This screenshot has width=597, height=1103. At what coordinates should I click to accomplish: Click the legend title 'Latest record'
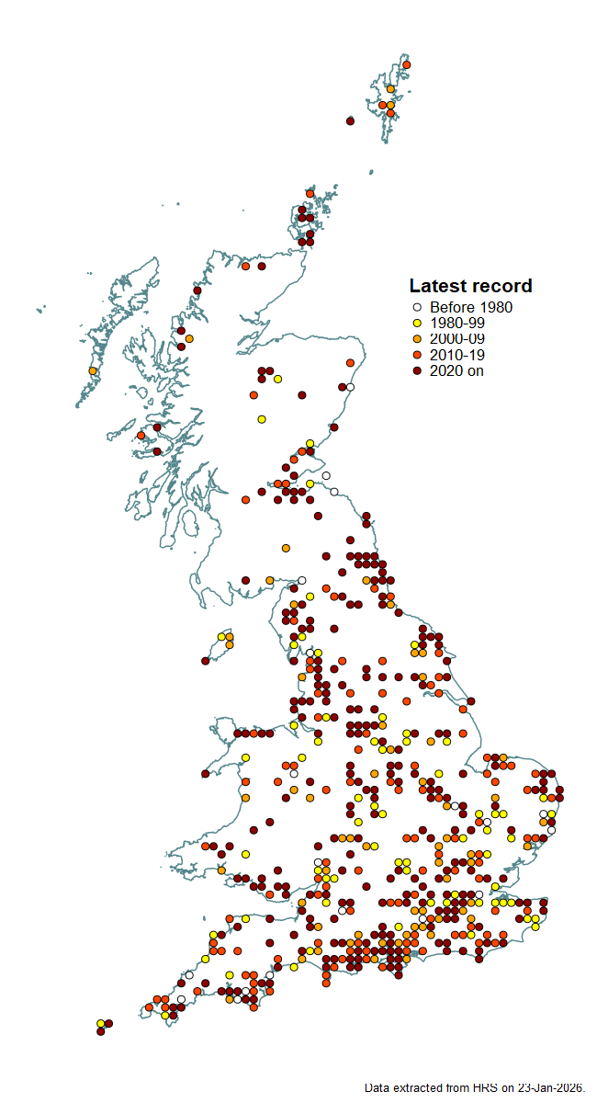tap(470, 286)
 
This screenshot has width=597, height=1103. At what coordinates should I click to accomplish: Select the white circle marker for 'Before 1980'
tap(416, 308)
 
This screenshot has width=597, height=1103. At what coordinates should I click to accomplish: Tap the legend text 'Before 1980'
tap(471, 308)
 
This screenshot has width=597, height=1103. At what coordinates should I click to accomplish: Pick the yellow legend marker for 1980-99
tap(416, 324)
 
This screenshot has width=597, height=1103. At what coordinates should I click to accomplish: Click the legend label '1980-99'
tap(457, 324)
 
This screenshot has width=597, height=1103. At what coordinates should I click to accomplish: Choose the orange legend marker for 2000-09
tap(416, 339)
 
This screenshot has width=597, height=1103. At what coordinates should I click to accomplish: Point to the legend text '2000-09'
tap(457, 339)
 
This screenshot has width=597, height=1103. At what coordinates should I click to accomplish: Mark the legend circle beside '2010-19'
tap(416, 355)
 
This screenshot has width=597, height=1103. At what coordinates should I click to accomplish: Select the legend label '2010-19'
tap(457, 355)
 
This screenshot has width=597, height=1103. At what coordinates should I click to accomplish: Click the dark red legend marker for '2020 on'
tap(416, 370)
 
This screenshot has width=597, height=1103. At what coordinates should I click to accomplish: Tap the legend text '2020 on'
tap(456, 370)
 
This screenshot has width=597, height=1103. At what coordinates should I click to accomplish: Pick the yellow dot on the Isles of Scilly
tap(100, 1023)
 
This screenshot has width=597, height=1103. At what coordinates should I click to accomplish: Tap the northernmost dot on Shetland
tap(406, 65)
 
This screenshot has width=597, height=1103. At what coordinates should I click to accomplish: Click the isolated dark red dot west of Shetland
tap(350, 120)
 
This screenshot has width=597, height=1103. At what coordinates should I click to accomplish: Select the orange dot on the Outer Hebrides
tap(93, 370)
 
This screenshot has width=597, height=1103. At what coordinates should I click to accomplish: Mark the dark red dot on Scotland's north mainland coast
tap(262, 267)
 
